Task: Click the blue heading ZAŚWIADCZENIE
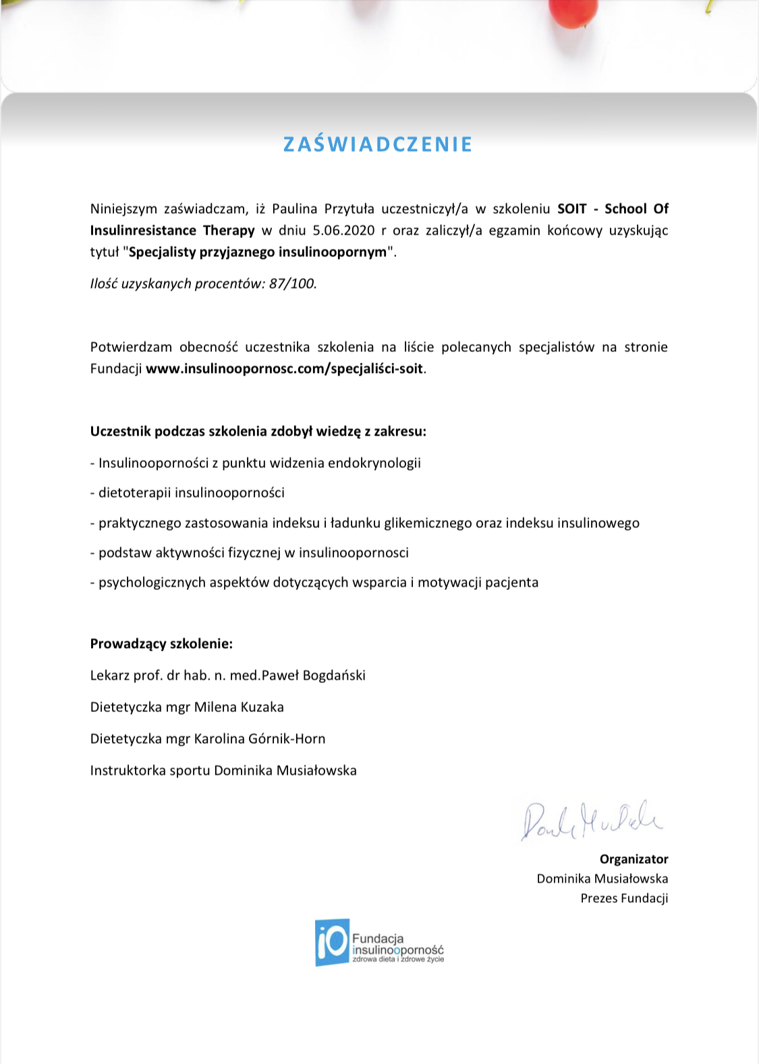point(378,144)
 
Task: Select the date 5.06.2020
point(343,231)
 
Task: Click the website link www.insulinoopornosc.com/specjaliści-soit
point(285,369)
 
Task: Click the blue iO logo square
point(332,942)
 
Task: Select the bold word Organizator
point(634,859)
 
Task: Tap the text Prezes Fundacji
point(624,898)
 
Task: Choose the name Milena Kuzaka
point(239,707)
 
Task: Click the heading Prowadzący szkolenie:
point(161,644)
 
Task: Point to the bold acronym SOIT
point(571,209)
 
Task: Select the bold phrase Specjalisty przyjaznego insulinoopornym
point(258,252)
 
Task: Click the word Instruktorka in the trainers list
point(128,771)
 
